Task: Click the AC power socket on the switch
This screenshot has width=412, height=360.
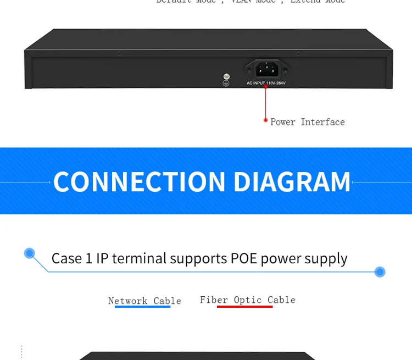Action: pyautogui.click(x=266, y=69)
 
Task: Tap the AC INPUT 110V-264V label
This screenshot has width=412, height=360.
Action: pyautogui.click(x=266, y=83)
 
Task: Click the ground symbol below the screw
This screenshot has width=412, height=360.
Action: pyautogui.click(x=225, y=83)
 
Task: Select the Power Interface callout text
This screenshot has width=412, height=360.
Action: pyautogui.click(x=308, y=122)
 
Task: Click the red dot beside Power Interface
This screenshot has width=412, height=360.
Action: pyautogui.click(x=266, y=120)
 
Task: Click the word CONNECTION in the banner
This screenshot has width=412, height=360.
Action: pyautogui.click(x=140, y=182)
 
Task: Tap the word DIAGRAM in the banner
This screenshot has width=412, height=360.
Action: pyautogui.click(x=292, y=182)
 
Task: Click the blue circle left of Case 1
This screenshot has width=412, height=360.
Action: pyautogui.click(x=30, y=253)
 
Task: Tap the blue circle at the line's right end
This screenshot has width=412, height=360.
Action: pyautogui.click(x=380, y=272)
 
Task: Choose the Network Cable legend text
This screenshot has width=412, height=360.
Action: pyautogui.click(x=144, y=301)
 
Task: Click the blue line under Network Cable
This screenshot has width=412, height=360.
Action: pyautogui.click(x=143, y=306)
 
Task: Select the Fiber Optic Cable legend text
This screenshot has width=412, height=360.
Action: pyautogui.click(x=247, y=300)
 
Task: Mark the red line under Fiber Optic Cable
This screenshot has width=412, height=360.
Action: pyautogui.click(x=245, y=306)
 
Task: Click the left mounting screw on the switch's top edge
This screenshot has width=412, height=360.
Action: pyautogui.click(x=119, y=53)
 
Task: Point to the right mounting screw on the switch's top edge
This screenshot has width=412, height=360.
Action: pyautogui.click(x=298, y=53)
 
